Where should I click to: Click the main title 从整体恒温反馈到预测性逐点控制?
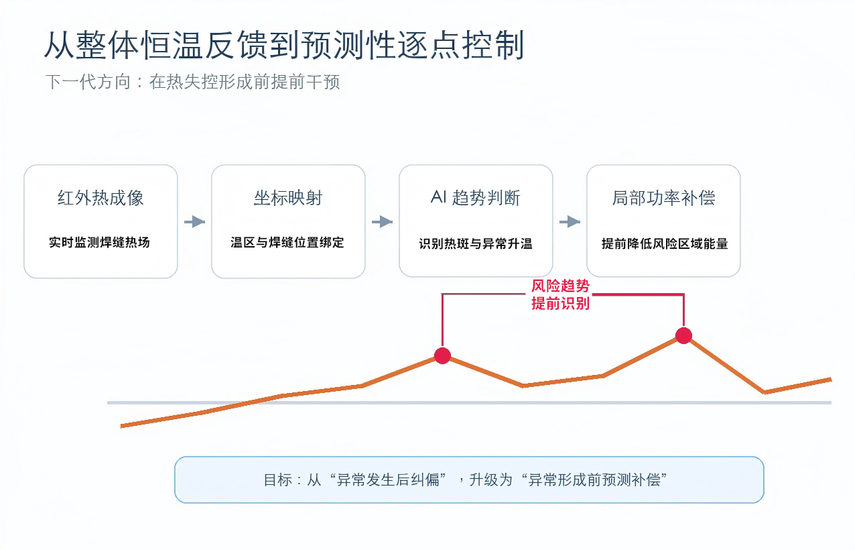pos(284,45)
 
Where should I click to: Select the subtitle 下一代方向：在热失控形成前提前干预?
pos(192,82)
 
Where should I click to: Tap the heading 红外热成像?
pos(101,198)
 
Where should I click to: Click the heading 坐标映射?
pos(288,198)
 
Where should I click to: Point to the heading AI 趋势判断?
pos(476,198)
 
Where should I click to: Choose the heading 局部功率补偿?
pos(663,198)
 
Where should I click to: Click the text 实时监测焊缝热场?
pos(99,242)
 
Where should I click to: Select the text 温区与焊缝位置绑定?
pos(287,242)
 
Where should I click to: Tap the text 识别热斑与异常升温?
pos(476,243)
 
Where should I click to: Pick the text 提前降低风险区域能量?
pos(665,243)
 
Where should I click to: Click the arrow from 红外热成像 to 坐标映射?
pos(195,222)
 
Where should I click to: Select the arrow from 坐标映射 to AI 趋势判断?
pos(383,222)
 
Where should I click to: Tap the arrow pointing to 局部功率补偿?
pos(570,222)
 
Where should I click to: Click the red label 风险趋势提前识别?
pos(560,294)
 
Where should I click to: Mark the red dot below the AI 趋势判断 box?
pos(442,356)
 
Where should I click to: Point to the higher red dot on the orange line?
pos(683,335)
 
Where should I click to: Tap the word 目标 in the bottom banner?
pos(278,480)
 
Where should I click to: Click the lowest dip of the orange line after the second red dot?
pos(765,392)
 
